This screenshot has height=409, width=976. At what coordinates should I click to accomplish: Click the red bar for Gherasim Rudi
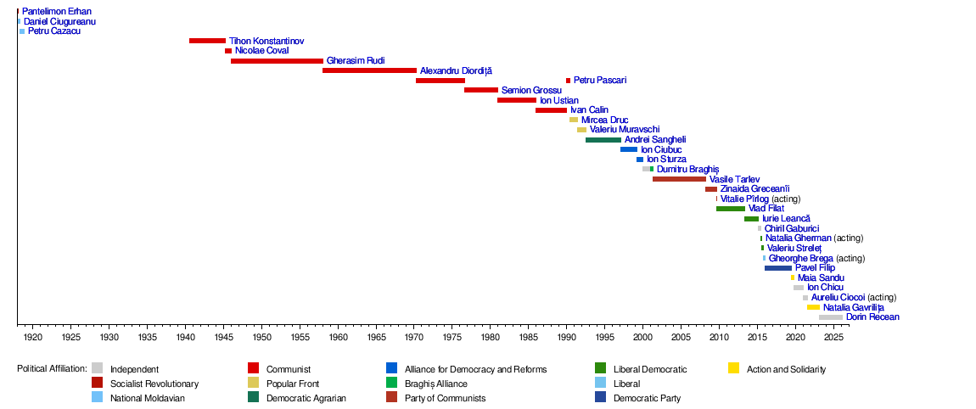(x=277, y=61)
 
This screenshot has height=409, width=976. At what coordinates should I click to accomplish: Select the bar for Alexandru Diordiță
(x=369, y=70)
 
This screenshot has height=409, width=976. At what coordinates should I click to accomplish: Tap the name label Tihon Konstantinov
(x=266, y=41)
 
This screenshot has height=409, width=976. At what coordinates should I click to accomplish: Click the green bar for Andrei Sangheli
(x=603, y=140)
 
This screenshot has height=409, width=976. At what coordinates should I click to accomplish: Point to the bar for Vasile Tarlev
(x=679, y=179)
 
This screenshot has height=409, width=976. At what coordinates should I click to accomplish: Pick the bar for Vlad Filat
(x=731, y=209)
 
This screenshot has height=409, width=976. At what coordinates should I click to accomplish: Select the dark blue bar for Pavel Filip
(x=778, y=268)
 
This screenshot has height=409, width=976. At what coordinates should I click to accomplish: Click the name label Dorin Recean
(x=872, y=317)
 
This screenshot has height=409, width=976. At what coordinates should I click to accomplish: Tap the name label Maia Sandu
(x=821, y=277)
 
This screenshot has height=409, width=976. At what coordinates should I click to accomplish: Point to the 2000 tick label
(x=643, y=338)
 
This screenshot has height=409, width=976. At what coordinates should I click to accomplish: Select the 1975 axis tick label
(x=452, y=338)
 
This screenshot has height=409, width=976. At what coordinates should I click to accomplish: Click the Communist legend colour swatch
(x=253, y=368)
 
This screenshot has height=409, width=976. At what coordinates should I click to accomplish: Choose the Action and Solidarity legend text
(x=786, y=369)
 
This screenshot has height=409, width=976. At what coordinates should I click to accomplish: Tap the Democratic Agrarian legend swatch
(x=253, y=397)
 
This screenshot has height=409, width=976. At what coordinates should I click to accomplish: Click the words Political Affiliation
(x=52, y=369)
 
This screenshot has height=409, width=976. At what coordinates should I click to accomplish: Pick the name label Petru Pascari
(x=600, y=81)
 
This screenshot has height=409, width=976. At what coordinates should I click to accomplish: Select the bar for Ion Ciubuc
(x=629, y=149)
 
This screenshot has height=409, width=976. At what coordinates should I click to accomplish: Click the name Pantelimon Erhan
(x=57, y=12)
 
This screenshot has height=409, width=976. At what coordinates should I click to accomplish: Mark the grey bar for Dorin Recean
(x=831, y=317)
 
